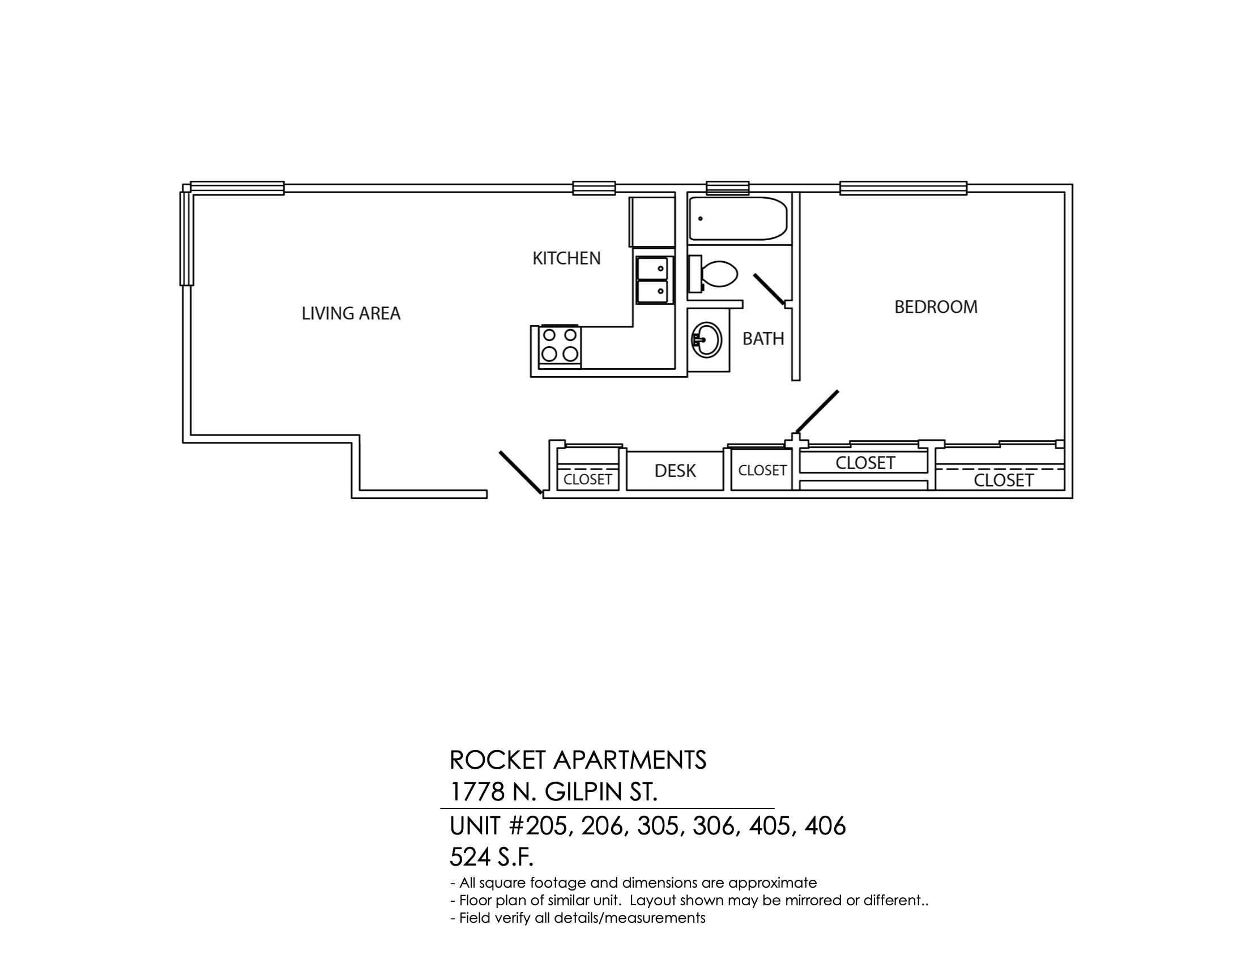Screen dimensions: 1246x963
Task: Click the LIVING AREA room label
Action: [x=351, y=313]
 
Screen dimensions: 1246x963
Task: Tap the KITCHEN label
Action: [x=566, y=258]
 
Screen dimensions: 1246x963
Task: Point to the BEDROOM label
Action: [x=936, y=307]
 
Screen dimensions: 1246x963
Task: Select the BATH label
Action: [x=763, y=339]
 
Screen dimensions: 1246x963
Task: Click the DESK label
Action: [x=675, y=471]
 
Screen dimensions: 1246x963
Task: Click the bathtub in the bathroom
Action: [x=738, y=219]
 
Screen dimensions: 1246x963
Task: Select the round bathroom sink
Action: [x=707, y=340]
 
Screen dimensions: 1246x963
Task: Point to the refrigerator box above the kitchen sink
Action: [x=652, y=222]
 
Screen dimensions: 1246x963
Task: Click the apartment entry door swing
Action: [x=520, y=472]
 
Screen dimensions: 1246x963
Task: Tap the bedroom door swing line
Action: [x=817, y=411]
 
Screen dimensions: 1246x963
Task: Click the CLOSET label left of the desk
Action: [x=588, y=480]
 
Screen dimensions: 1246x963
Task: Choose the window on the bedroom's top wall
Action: [x=903, y=188]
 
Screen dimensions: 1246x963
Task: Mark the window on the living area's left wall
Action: [x=186, y=238]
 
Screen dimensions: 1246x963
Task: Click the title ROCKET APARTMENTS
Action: [x=578, y=760]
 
